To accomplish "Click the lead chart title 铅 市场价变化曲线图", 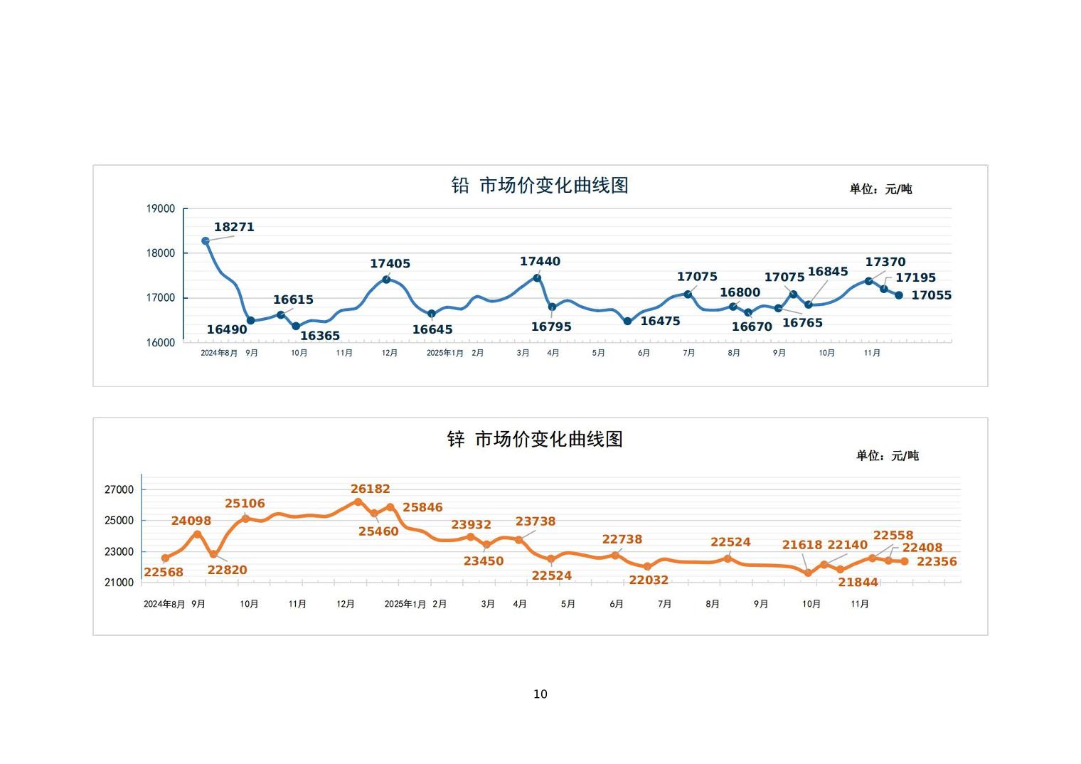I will (x=540, y=186).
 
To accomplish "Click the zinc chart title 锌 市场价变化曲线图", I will (x=535, y=440).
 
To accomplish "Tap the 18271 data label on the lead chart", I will (x=234, y=228).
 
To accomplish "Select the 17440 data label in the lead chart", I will (x=540, y=262).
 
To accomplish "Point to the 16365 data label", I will (x=320, y=336).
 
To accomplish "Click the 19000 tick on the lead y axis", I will (x=161, y=208).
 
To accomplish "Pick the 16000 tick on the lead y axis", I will (x=161, y=342).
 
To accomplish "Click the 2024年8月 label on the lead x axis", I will (x=219, y=353).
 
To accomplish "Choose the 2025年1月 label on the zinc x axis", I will (x=405, y=604).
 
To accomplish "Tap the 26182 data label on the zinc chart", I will (x=370, y=489).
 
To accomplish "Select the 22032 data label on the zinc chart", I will (x=649, y=580).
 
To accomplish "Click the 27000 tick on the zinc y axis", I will (x=119, y=489).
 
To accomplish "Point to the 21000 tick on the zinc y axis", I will (x=119, y=583).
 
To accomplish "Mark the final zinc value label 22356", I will (x=937, y=562).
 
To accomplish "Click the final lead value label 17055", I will (x=931, y=295).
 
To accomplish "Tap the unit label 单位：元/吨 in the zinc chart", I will (x=887, y=456).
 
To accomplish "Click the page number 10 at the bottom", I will (x=540, y=694).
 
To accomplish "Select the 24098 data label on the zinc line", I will (x=191, y=521).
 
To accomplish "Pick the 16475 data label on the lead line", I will (x=660, y=322).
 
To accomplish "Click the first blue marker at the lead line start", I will (x=206, y=241).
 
